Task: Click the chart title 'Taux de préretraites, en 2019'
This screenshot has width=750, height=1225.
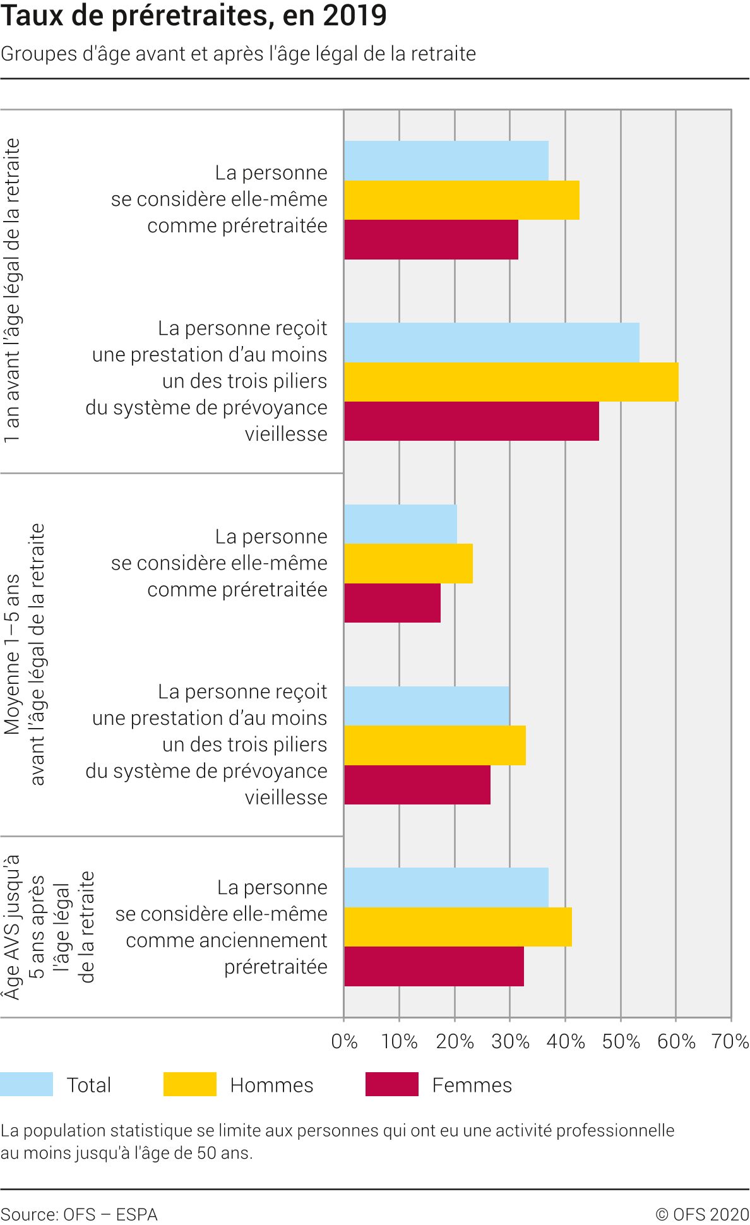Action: coord(193,16)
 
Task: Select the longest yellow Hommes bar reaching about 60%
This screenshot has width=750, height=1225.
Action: coord(511,382)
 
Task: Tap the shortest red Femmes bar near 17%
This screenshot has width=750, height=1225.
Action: coord(392,603)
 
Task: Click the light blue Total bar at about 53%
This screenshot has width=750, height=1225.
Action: coord(491,342)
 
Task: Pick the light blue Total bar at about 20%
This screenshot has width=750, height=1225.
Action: coord(400,524)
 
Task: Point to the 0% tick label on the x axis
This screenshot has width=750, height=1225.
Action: coord(344,1041)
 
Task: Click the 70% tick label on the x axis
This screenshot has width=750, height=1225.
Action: coord(730,1041)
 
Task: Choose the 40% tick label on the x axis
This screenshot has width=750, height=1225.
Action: coord(566,1041)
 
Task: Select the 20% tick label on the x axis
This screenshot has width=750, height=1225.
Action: coord(455,1041)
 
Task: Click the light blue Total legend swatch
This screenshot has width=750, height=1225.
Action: coord(27,1084)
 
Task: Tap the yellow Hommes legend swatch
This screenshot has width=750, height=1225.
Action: coord(189,1084)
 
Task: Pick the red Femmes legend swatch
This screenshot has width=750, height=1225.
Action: coord(391,1084)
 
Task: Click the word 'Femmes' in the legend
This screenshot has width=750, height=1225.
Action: coord(472,1085)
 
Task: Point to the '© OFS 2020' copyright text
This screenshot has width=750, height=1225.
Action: coord(701,1214)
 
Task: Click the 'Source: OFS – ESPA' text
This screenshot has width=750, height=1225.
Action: coord(79,1214)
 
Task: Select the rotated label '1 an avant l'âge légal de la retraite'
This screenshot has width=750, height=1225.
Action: coord(13,290)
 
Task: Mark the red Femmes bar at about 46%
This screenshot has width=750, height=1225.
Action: coord(471,421)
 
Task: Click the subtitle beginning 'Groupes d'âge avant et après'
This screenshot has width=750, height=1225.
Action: coord(238,54)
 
